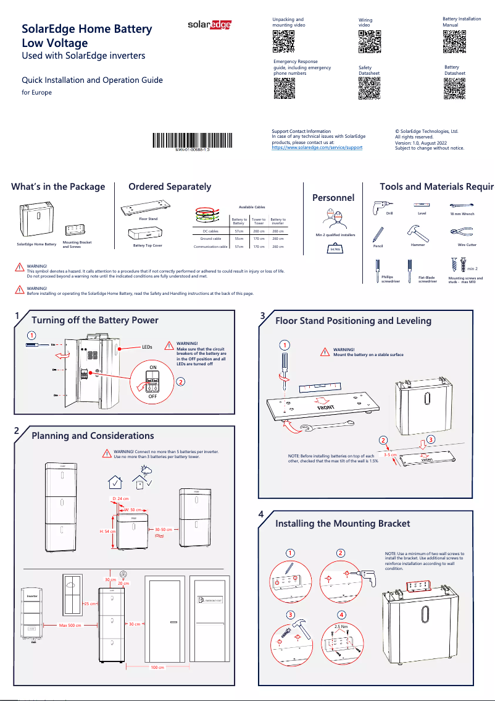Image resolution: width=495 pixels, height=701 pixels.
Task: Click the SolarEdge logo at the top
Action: click(210, 25)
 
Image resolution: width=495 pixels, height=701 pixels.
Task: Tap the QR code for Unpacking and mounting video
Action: click(283, 41)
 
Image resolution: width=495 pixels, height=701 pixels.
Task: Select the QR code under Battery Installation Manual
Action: click(454, 41)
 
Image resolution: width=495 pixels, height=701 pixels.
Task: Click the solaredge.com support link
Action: click(317, 148)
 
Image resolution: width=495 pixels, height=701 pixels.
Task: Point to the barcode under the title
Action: click(193, 140)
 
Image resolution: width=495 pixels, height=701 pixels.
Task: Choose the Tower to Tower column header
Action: click(259, 221)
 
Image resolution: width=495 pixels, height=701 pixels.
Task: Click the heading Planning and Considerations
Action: click(93, 436)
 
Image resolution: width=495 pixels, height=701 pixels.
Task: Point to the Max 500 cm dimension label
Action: click(71, 625)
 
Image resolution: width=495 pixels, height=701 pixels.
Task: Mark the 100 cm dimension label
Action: click(157, 668)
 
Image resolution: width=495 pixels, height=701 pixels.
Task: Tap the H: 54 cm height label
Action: click(108, 531)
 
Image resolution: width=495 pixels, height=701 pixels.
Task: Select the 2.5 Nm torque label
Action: click(341, 626)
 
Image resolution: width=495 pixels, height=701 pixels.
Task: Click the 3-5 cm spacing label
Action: click(389, 454)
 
